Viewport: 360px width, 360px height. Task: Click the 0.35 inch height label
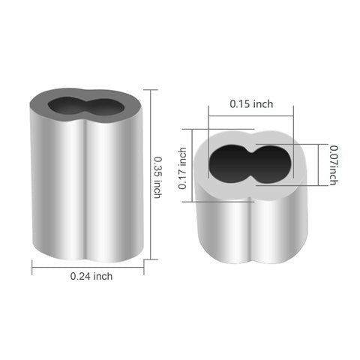(x=158, y=175)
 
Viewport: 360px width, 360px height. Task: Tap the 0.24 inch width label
(x=91, y=276)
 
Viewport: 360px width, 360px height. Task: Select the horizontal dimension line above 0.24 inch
(x=88, y=265)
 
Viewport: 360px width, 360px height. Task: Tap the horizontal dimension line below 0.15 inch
(x=250, y=115)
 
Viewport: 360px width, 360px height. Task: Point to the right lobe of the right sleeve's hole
(x=266, y=163)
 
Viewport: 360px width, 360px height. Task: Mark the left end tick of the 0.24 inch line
(x=32, y=265)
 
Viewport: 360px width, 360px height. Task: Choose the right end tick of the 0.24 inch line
(x=143, y=265)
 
